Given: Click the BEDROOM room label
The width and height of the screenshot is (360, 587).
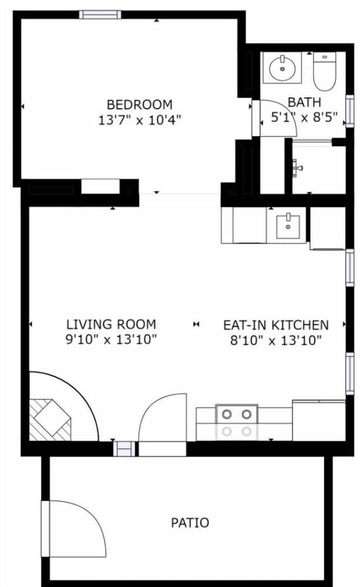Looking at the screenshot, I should click(140, 104).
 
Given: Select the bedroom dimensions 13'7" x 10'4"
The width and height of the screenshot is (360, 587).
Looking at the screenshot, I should click(140, 120).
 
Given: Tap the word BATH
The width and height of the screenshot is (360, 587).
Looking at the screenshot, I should click(304, 102).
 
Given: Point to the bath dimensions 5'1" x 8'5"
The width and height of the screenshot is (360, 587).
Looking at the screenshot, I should click(304, 117).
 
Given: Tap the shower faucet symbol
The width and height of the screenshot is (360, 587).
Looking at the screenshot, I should click(298, 168).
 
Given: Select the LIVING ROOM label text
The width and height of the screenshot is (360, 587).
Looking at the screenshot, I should click(111, 324).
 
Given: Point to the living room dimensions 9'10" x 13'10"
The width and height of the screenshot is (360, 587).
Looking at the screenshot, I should click(111, 339).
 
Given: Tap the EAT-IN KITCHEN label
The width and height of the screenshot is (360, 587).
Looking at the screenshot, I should click(275, 325).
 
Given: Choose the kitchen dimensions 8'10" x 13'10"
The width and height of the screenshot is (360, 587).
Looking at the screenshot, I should click(275, 340).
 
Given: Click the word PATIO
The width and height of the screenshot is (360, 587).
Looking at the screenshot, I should click(190, 522).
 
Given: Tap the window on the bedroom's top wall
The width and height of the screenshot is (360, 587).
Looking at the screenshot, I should click(100, 15).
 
